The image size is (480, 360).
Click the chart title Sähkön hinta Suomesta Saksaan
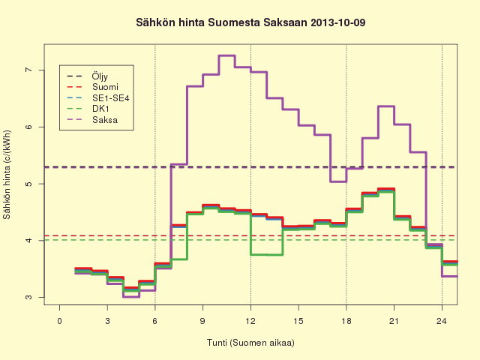tap(222, 22)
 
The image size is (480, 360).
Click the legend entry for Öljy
tap(87, 76)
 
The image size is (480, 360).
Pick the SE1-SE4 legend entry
tap(98, 98)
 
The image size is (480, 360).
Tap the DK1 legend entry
tap(88, 109)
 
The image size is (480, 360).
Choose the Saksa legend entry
tap(92, 120)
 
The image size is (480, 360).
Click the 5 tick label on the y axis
tap(28, 184)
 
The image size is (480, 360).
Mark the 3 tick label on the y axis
tap(28, 297)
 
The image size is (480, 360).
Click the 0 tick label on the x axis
tap(59, 321)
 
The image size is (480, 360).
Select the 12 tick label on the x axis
tap(250, 321)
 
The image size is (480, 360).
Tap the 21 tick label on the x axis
tap(394, 321)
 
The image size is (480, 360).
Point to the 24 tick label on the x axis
tap(442, 321)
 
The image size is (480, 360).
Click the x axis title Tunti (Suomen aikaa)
tap(250, 342)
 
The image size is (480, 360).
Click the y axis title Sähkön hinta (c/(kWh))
tap(7, 175)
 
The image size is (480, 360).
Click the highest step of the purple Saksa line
tap(226, 55)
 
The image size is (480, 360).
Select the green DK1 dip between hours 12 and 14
tap(267, 254)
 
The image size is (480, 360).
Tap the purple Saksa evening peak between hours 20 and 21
tap(386, 106)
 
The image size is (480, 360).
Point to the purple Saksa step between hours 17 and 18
tap(338, 181)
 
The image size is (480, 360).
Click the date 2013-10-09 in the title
tap(338, 22)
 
